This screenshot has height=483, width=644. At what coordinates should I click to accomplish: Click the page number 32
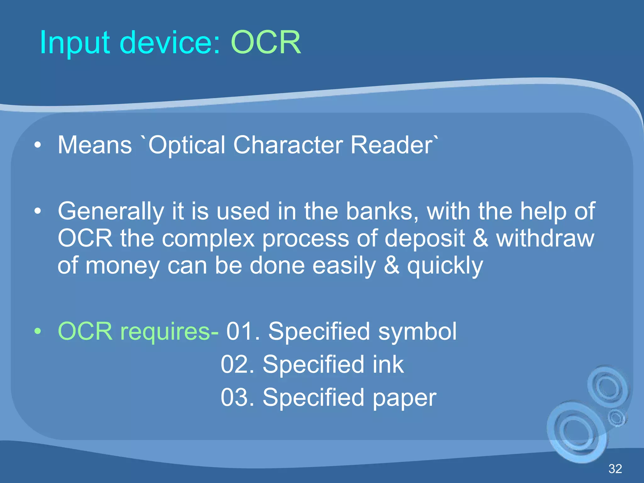pos(615,469)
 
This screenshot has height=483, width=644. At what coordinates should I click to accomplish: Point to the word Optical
pos(187,145)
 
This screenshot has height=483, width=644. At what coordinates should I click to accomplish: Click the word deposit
pos(425,238)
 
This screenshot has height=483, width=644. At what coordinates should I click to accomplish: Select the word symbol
pos(417,331)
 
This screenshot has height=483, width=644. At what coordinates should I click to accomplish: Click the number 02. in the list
pos(237,364)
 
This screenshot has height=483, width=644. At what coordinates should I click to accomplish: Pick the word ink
pos(388,364)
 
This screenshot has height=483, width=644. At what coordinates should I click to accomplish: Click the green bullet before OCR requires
pos(38,331)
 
